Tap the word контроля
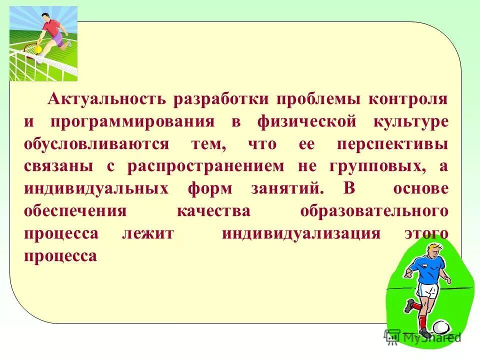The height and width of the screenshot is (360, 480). point(408,98)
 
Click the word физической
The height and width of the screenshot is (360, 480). point(306,121)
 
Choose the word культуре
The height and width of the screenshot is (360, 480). point(409,121)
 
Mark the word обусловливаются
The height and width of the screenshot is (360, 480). point(96,144)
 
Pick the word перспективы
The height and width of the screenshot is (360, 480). point(392,144)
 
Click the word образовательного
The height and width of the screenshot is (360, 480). point(374,211)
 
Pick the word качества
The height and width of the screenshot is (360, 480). point(213,211)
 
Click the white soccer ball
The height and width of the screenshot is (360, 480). point(440,327)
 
